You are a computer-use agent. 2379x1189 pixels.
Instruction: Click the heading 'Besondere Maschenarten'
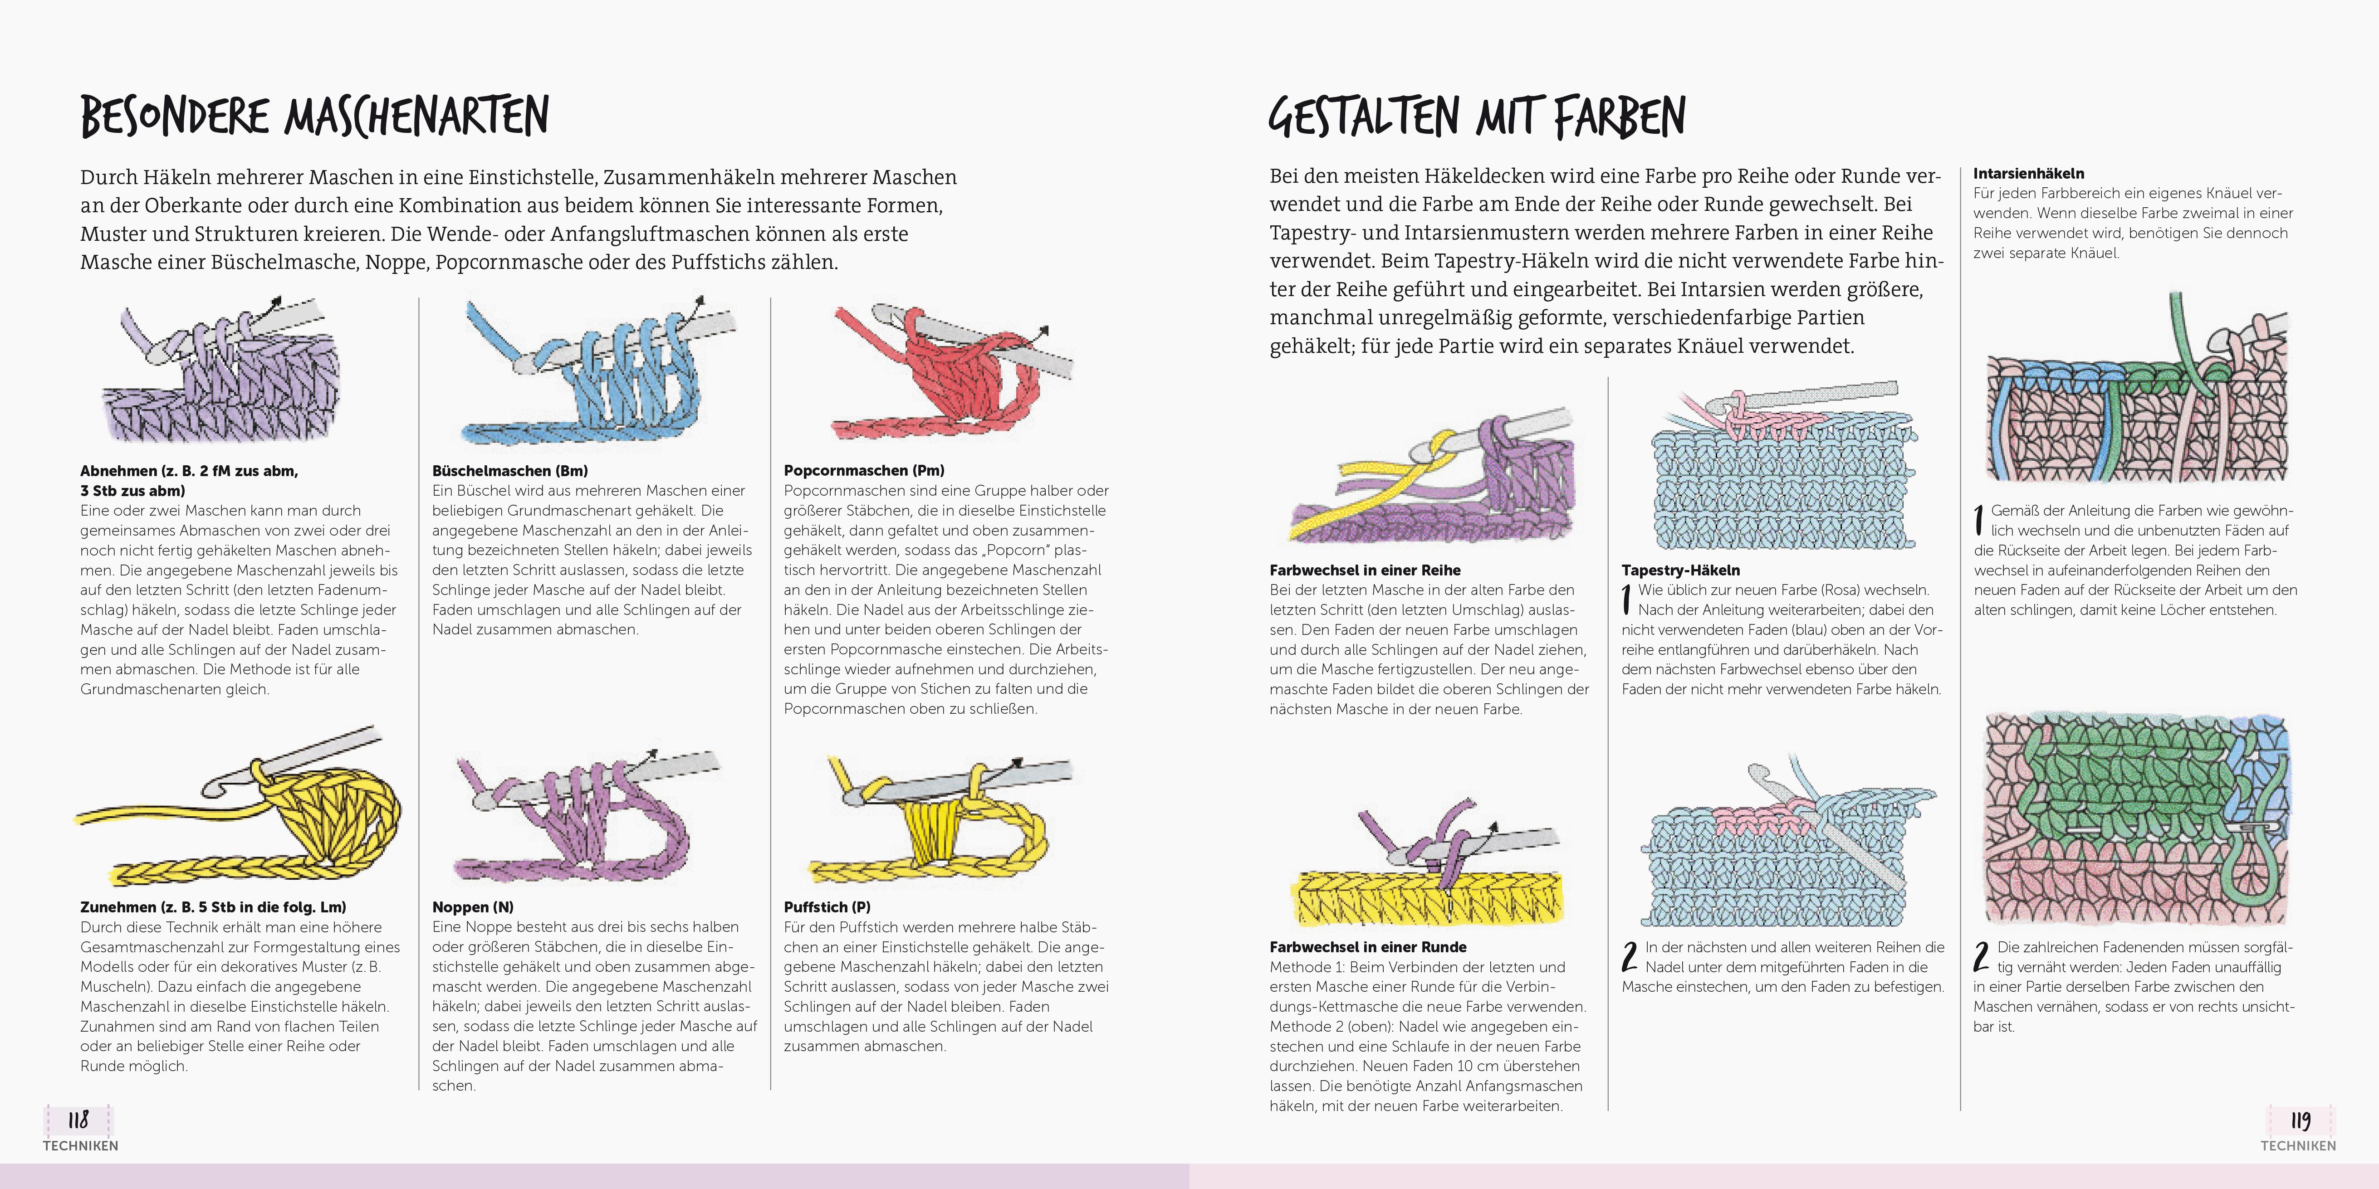(315, 117)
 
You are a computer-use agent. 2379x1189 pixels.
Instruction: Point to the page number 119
(2300, 1120)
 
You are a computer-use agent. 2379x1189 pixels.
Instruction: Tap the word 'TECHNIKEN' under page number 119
(2298, 1145)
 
